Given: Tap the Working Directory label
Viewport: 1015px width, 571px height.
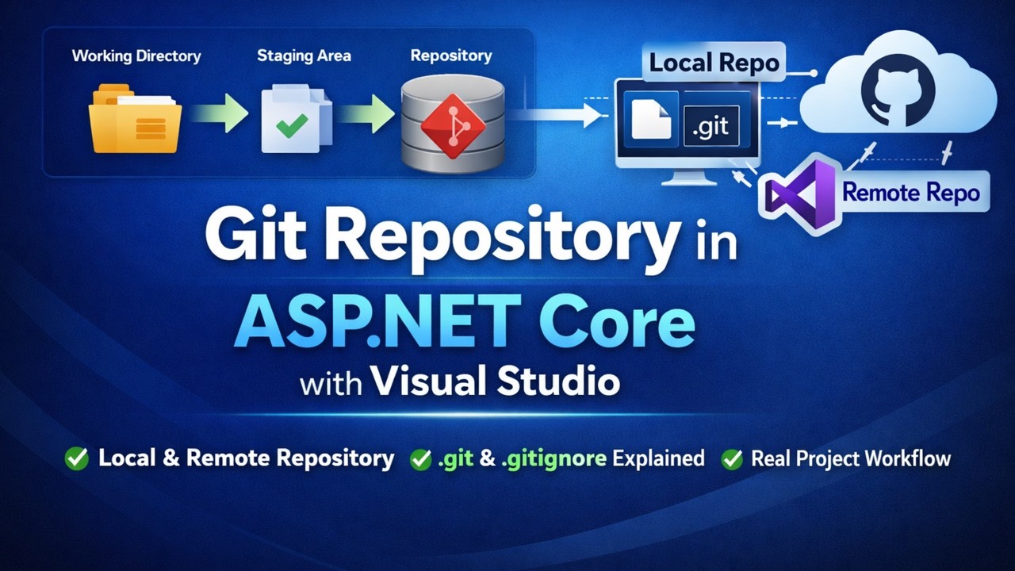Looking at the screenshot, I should (136, 56).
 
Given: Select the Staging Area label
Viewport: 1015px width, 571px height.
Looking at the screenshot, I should (304, 56).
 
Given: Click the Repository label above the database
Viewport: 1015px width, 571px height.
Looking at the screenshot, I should (450, 56).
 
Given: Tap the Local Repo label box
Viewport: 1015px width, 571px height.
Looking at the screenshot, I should (714, 63).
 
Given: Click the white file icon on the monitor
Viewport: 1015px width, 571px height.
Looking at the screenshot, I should (651, 121).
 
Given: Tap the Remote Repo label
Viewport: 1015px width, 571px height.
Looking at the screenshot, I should (910, 192).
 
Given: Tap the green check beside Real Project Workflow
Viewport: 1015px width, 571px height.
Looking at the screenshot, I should (731, 458).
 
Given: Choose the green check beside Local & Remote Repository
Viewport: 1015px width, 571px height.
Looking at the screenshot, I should (77, 458).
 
